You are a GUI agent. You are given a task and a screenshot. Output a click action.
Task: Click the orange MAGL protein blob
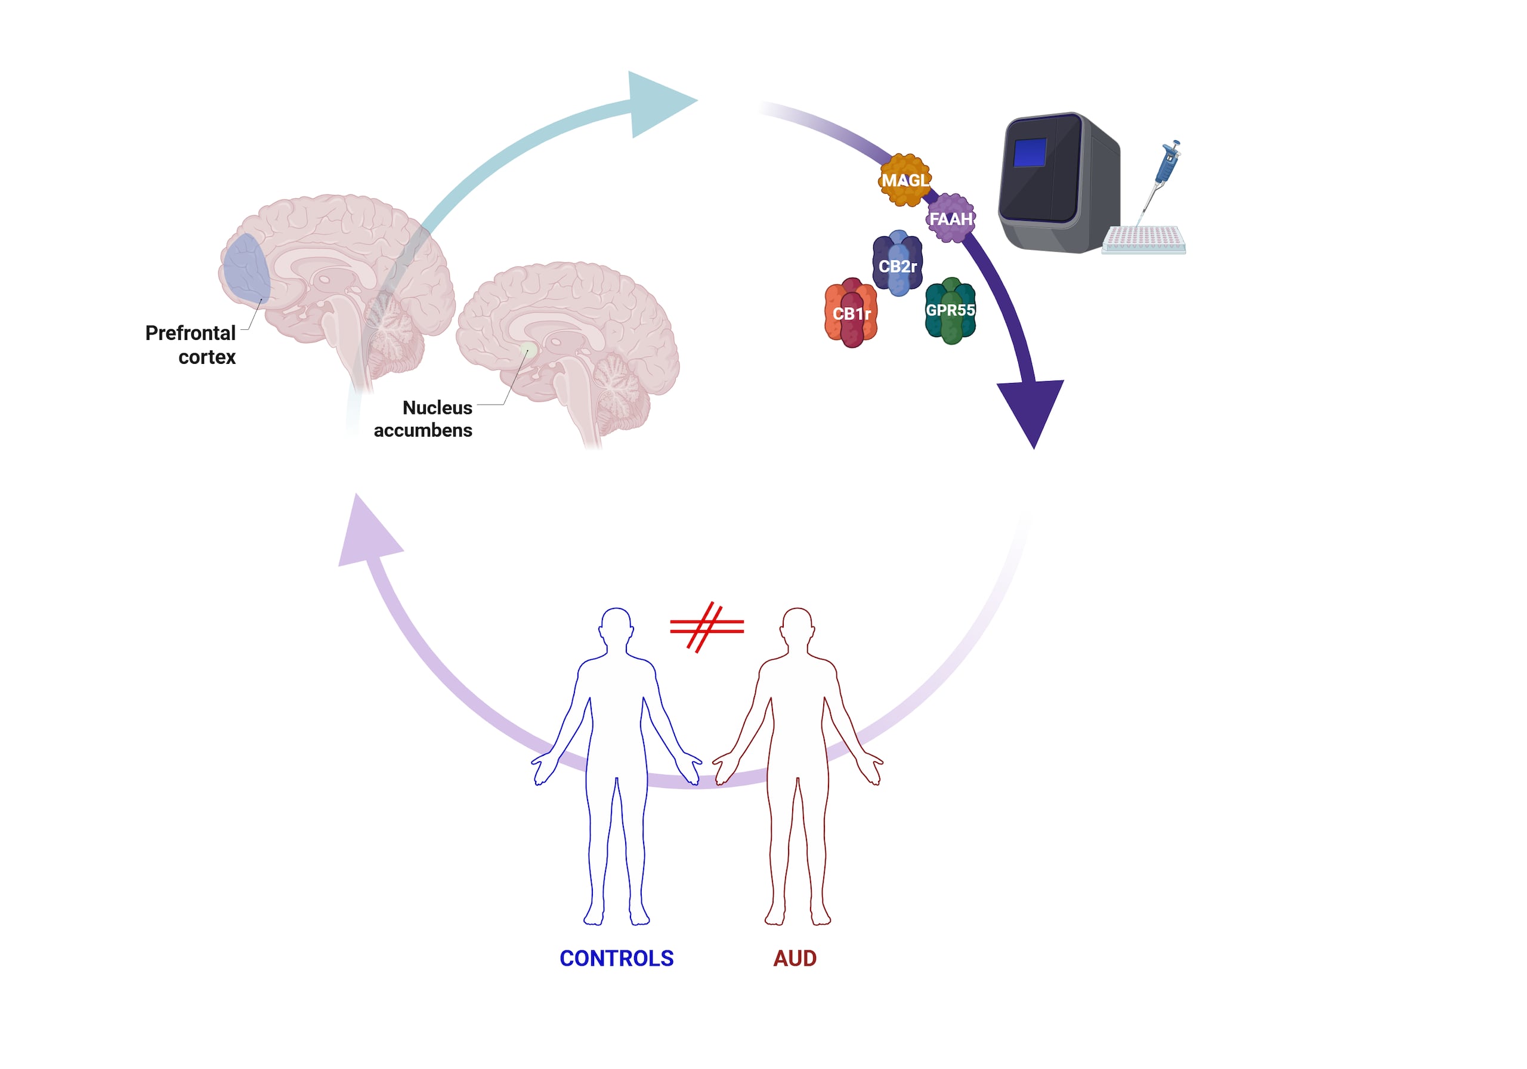(x=904, y=180)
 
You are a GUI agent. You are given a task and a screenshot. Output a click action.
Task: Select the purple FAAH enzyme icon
(x=950, y=218)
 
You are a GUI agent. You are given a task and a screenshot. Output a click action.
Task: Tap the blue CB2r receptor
(x=897, y=265)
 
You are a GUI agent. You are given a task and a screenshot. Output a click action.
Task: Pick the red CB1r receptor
(x=851, y=313)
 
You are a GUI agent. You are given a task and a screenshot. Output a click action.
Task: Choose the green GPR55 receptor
(x=950, y=311)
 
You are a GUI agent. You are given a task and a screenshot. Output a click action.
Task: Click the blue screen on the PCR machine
(x=1030, y=152)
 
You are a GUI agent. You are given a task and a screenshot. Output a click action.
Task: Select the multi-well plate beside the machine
(x=1143, y=239)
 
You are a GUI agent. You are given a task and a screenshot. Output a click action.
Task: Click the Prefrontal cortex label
(x=191, y=345)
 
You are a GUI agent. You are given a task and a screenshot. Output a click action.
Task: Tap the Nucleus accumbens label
(x=424, y=418)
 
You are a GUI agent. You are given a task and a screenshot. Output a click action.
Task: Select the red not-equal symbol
(x=706, y=626)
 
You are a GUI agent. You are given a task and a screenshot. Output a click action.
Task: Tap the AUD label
(x=795, y=959)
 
